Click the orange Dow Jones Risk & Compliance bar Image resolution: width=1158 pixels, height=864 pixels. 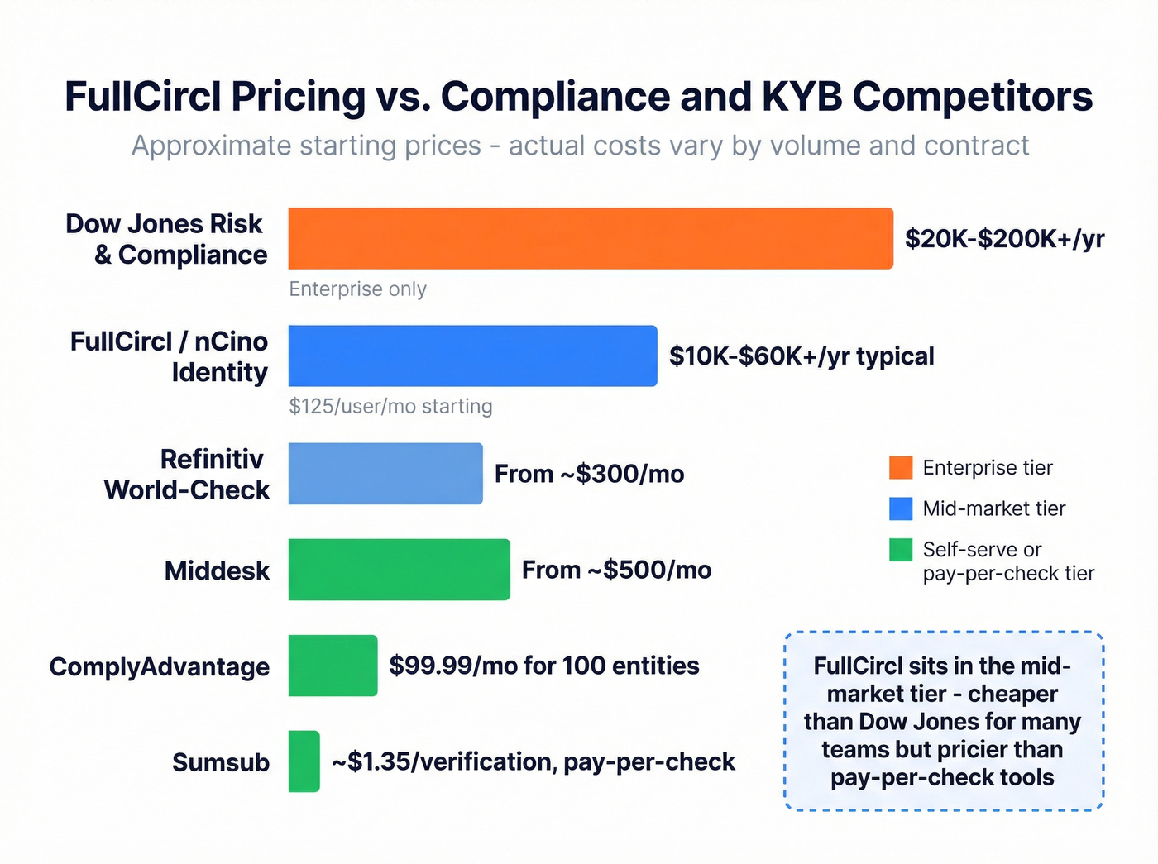tap(591, 238)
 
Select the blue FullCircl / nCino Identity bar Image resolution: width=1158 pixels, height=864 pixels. tap(472, 356)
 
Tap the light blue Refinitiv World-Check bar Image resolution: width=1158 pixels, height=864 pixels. tap(385, 474)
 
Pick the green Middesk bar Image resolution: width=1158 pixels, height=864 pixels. tap(399, 570)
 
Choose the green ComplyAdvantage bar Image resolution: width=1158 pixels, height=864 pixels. tap(333, 666)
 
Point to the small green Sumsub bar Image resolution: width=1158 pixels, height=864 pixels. tap(304, 761)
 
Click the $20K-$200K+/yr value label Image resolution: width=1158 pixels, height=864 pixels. tap(1004, 239)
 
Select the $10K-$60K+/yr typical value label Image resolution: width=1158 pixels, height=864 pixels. tap(802, 356)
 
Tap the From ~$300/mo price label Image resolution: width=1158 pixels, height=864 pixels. tap(589, 474)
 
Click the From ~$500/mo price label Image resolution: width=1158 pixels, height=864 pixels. tap(616, 570)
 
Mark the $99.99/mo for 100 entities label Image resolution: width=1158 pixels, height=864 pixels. tap(544, 666)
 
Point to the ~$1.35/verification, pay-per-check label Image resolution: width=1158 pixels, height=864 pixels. tap(534, 761)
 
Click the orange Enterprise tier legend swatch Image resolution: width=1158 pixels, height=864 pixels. tap(901, 467)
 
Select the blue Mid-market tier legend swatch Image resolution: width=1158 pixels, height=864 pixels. tap(901, 508)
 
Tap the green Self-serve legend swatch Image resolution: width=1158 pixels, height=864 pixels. tap(901, 550)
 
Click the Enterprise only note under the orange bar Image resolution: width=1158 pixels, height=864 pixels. tap(357, 289)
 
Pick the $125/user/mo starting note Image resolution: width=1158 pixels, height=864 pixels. tap(390, 407)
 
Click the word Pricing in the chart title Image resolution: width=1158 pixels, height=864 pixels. tap(298, 97)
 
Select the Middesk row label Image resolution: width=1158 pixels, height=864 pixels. tap(217, 570)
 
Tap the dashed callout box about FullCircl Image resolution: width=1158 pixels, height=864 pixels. tap(943, 721)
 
